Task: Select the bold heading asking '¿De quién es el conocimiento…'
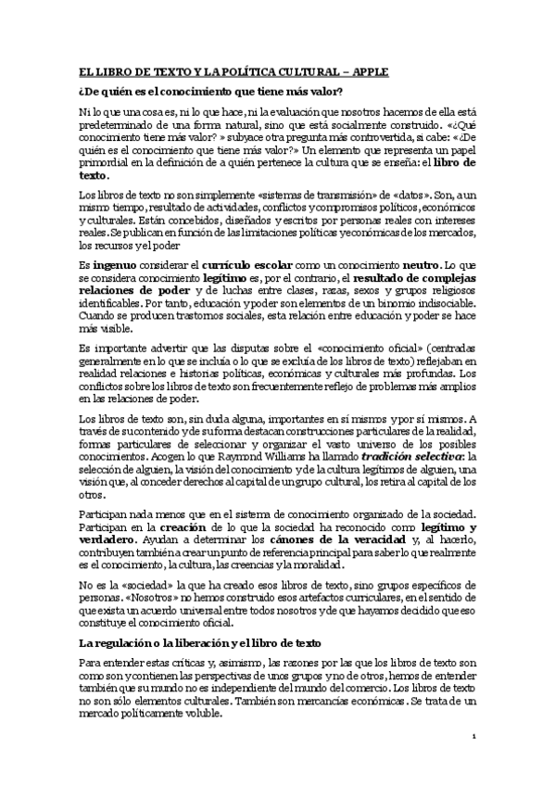click(210, 90)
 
